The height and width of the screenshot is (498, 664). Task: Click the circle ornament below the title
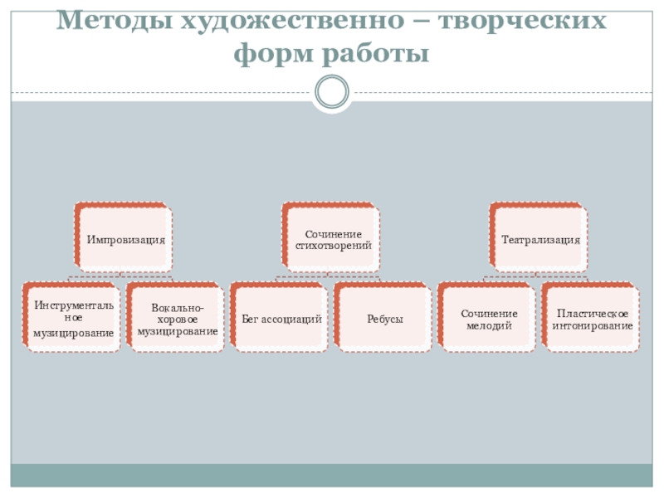(x=332, y=91)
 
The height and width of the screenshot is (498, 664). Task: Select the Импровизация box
(x=125, y=239)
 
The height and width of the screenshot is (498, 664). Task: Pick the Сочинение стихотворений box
(x=333, y=239)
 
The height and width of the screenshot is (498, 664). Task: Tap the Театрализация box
(x=540, y=239)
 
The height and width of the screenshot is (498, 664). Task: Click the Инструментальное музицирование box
(x=73, y=319)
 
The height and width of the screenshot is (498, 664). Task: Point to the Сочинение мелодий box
(x=489, y=319)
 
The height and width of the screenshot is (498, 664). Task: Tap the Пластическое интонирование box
(x=593, y=319)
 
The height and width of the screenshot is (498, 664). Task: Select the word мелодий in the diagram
(x=489, y=325)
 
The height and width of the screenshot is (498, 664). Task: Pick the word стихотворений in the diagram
(x=333, y=246)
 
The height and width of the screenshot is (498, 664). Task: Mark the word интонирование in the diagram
(x=593, y=325)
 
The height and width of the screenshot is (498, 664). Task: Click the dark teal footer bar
(x=332, y=475)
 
